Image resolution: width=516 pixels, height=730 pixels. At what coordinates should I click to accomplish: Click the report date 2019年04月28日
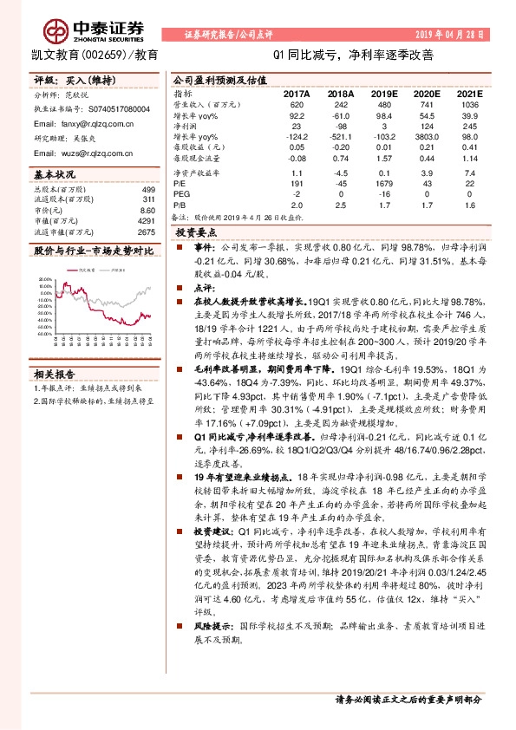coord(465,34)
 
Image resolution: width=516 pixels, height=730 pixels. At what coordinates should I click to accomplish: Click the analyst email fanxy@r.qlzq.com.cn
coord(84,124)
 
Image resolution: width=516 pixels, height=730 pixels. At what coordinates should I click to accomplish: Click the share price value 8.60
coord(147,211)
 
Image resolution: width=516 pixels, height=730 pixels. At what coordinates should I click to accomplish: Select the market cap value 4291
coord(147,221)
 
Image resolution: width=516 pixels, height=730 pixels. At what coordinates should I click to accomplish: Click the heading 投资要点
coord(196,234)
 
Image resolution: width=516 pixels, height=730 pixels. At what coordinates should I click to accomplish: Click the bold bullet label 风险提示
coord(213,649)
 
